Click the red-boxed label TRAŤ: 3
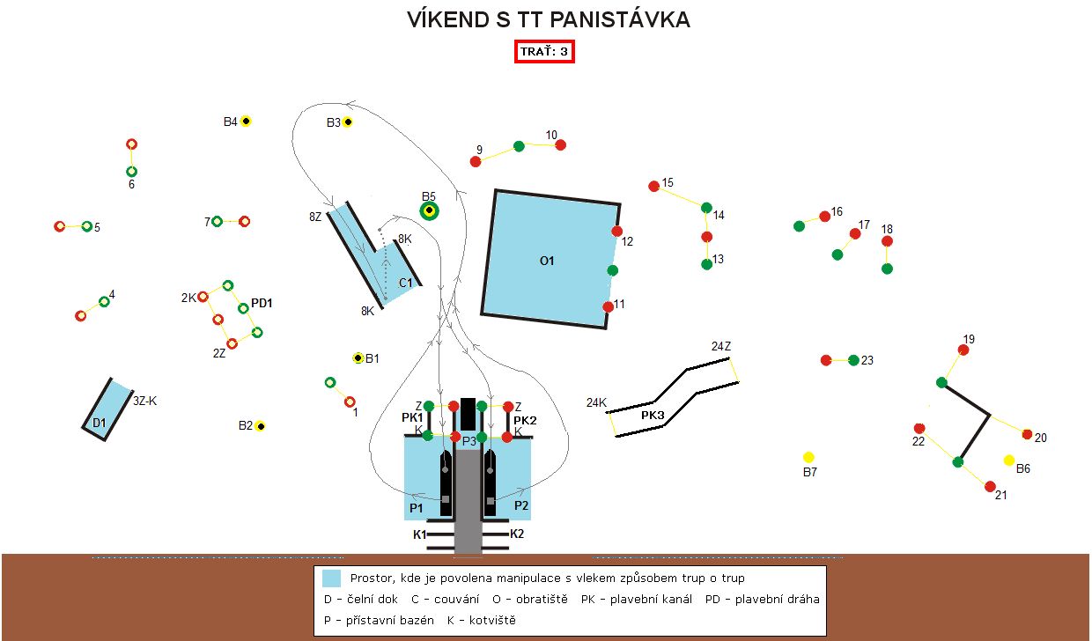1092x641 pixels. tap(545, 52)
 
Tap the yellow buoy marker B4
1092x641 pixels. tap(247, 122)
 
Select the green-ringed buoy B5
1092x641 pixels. tap(429, 210)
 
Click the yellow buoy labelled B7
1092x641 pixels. tap(808, 457)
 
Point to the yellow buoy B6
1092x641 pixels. tap(1009, 460)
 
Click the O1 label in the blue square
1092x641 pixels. tap(547, 261)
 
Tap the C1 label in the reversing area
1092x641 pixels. tap(406, 283)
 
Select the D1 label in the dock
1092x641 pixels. tap(100, 424)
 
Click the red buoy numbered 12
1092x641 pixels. tap(617, 232)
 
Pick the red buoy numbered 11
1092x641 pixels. tap(608, 306)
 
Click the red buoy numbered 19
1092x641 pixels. tap(963, 350)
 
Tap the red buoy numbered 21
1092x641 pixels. tap(990, 487)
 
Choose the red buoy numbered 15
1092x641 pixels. tap(653, 186)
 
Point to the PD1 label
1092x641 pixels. tap(262, 303)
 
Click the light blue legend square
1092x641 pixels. tap(331, 578)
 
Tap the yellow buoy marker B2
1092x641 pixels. tap(261, 426)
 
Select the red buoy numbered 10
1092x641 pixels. tap(560, 144)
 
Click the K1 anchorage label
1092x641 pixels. tap(419, 534)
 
